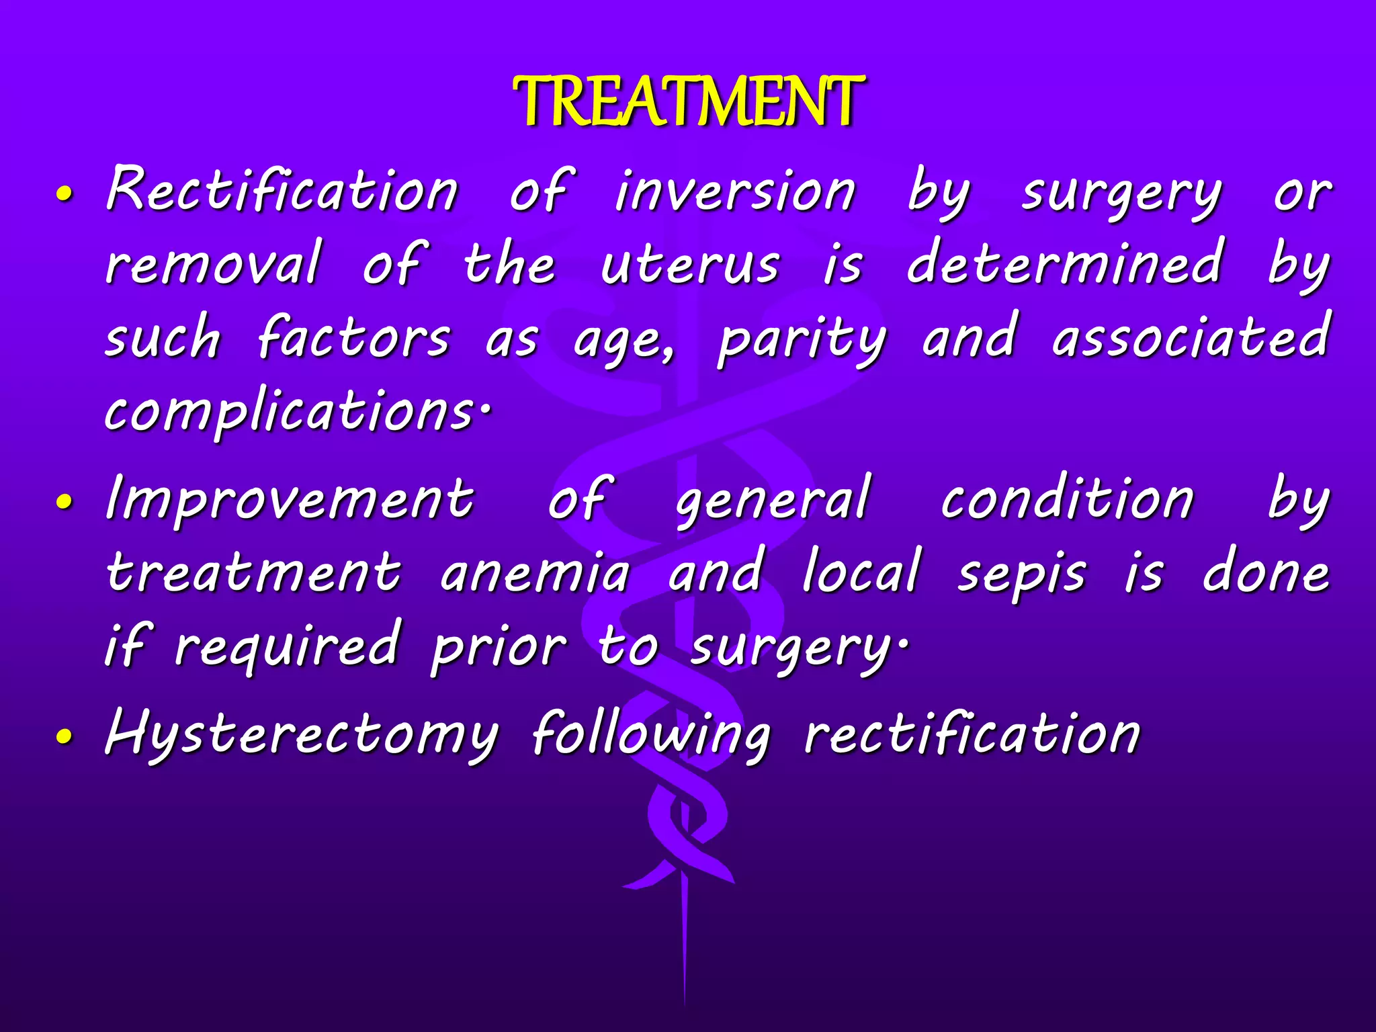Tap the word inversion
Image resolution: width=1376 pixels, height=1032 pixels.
point(735,191)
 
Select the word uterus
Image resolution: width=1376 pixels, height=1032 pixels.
point(690,265)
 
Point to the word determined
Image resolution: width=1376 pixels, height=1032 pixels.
point(1064,263)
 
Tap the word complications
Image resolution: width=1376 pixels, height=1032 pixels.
point(296,411)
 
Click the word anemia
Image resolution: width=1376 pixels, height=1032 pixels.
point(535,573)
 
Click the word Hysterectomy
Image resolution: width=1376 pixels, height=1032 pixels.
point(302,734)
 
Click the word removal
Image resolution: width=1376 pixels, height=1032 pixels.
point(214,263)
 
